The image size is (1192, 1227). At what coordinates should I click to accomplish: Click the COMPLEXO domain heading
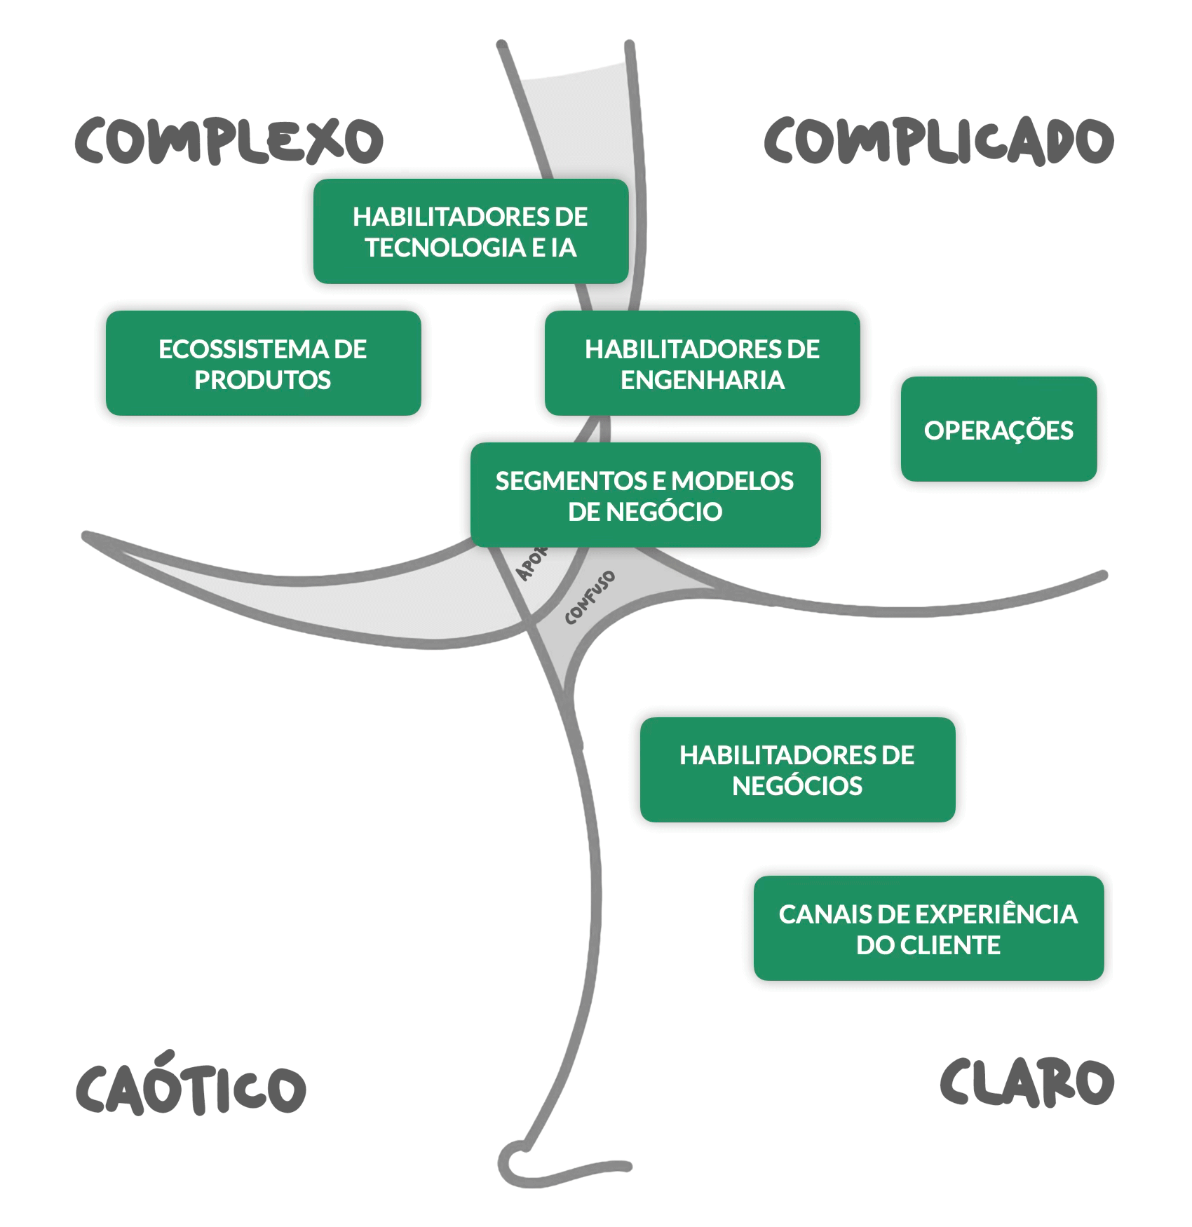tap(229, 141)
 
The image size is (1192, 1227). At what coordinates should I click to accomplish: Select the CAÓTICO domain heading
tap(191, 1086)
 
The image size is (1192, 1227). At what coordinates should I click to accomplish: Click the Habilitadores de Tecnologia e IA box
tap(470, 231)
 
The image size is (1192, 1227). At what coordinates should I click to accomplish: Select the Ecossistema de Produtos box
tap(263, 363)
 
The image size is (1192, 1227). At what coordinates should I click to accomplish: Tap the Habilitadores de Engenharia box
tap(702, 363)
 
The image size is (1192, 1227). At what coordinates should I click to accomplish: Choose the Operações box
tap(998, 429)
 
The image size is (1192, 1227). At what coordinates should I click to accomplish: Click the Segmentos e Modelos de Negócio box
tap(645, 495)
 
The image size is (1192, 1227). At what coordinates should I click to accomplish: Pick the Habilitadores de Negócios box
tap(797, 769)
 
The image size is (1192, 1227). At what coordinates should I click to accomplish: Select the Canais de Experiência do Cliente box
tap(928, 928)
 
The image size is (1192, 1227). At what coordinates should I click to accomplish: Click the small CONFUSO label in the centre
tap(590, 597)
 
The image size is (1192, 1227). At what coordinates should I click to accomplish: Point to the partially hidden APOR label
tap(531, 564)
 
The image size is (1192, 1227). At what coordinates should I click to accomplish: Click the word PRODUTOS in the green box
tap(263, 380)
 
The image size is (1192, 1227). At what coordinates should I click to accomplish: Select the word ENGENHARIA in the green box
tap(702, 380)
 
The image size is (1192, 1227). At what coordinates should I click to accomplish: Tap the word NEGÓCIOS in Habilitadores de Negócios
tap(797, 786)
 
